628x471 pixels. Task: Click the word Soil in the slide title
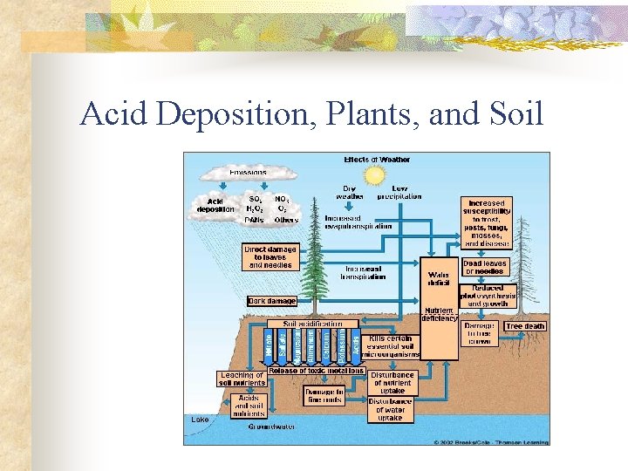513,114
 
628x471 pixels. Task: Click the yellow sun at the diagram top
376,175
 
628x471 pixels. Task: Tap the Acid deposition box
215,205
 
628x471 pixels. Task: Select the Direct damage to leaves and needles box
270,256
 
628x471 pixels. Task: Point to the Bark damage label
271,301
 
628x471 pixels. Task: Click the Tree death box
525,326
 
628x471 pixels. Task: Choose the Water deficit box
439,277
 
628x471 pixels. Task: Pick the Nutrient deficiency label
440,314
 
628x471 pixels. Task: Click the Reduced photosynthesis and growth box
494,296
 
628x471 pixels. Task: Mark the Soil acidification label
311,324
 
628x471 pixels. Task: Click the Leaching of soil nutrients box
241,379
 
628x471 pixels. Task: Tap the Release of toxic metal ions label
316,371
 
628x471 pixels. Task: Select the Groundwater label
270,427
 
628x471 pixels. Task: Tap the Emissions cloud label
248,172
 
